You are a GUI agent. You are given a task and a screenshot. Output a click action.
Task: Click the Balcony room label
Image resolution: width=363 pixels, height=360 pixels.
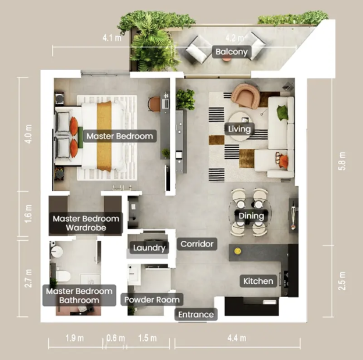[x=232, y=52]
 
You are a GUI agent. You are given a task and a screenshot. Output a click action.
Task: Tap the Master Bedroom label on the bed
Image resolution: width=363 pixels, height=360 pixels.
[x=120, y=136]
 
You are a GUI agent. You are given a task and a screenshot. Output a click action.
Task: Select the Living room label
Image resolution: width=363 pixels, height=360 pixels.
[x=239, y=129]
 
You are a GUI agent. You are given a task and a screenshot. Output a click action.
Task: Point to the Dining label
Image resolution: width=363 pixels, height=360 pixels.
[x=251, y=216]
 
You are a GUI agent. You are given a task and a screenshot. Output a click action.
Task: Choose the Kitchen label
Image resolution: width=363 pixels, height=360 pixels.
[x=258, y=281]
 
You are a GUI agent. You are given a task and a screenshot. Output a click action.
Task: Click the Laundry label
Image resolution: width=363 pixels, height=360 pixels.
[x=149, y=248]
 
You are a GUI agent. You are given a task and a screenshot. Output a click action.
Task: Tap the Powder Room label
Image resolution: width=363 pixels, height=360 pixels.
[x=152, y=300]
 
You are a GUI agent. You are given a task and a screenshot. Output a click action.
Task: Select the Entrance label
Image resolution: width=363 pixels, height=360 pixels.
[x=196, y=315]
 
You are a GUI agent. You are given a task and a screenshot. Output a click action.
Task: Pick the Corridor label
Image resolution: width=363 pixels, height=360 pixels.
[x=197, y=244]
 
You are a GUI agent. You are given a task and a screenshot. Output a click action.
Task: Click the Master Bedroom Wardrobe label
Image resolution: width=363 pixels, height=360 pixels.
[x=86, y=223]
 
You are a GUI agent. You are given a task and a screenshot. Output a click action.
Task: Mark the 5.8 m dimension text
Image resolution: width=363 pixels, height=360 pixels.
[x=342, y=161]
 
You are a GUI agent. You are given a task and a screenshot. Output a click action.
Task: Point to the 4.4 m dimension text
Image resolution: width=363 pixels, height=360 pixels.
[x=237, y=338]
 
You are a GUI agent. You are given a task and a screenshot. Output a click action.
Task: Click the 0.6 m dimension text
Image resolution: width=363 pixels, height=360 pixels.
[x=116, y=338]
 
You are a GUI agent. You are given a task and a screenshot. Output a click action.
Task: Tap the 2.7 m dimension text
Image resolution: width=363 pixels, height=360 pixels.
[x=29, y=278]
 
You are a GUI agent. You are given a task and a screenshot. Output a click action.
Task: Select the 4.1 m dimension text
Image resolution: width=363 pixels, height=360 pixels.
[x=112, y=38]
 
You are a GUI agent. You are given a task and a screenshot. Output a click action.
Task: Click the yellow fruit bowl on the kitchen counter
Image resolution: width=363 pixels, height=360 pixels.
[x=237, y=251]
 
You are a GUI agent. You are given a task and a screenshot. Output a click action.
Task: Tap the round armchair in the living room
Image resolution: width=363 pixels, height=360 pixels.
[x=245, y=95]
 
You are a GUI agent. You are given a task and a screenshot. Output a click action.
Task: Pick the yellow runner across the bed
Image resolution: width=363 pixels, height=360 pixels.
[x=104, y=136]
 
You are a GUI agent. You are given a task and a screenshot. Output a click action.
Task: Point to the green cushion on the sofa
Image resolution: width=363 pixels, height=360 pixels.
[x=283, y=112]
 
